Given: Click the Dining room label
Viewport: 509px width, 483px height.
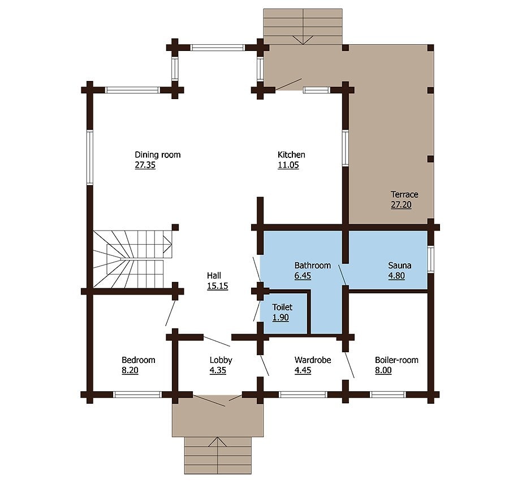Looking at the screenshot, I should pos(157,155).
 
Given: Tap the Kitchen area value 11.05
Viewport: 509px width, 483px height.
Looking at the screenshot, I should pos(288,165).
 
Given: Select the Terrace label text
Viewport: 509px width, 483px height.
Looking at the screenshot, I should pos(404,194).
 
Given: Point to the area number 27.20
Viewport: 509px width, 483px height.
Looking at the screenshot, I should pos(401,205).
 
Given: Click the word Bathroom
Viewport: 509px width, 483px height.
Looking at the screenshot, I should pos(312,265).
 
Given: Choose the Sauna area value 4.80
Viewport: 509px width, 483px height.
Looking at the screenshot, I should pos(399,276).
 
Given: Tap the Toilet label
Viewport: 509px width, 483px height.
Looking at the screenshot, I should pos(282,307).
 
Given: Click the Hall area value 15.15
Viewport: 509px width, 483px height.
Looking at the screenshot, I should pos(217,287).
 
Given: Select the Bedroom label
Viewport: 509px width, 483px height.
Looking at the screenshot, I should pos(139,360).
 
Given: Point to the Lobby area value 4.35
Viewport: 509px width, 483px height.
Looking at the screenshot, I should pos(221,371).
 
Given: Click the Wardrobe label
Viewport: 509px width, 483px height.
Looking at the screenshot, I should pos(313,360).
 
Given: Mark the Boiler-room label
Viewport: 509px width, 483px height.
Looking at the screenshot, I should pos(396,360).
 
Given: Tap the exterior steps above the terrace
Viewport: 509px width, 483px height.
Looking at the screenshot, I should pos(303,26).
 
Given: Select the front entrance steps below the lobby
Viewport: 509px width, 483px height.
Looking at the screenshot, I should pos(218,455).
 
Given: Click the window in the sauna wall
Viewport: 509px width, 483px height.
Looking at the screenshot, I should pos(430,259).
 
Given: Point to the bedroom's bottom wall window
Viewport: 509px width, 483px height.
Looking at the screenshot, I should pos(139,395).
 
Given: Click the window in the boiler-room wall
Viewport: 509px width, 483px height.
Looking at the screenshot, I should pos(387,395).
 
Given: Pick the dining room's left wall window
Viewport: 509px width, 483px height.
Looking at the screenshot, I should pos(89,157).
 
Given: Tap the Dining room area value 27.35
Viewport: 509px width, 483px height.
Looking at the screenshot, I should pos(145,165).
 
